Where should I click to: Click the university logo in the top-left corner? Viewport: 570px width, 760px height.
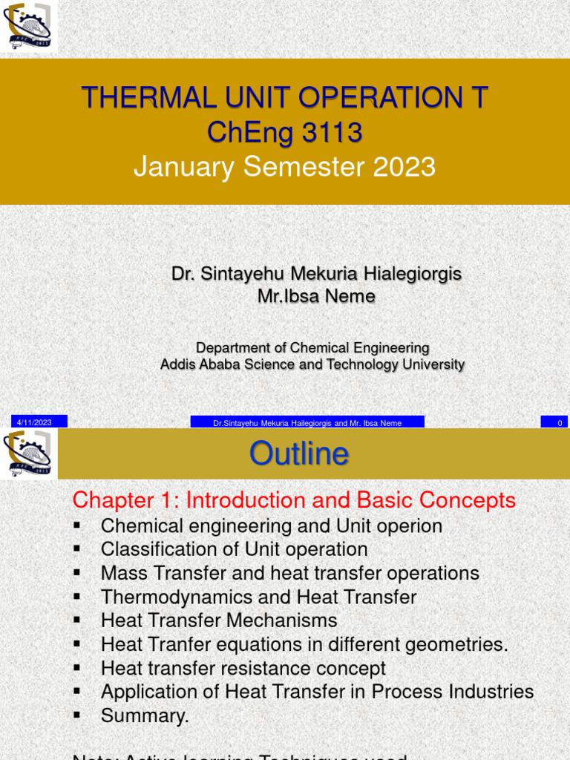(28, 27)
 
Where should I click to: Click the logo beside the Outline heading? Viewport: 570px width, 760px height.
(28, 453)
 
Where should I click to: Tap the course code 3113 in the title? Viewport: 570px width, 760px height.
(332, 133)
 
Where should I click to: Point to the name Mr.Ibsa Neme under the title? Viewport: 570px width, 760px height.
(316, 297)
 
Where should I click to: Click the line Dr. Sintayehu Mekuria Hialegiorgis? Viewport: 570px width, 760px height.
(316, 274)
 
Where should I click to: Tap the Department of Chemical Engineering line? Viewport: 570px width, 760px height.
(312, 347)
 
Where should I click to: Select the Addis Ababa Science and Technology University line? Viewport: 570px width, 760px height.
(312, 364)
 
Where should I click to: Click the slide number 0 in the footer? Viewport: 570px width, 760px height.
(560, 422)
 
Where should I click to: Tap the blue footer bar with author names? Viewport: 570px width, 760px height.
(307, 422)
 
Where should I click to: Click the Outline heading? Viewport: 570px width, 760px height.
(298, 453)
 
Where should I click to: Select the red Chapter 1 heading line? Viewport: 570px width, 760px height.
(294, 500)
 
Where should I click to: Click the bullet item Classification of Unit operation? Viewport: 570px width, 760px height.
(234, 550)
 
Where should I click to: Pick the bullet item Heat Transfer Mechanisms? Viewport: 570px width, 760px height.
(219, 620)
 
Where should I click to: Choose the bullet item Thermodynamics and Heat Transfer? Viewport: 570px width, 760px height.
(258, 597)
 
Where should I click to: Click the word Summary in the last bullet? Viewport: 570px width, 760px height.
(144, 716)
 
